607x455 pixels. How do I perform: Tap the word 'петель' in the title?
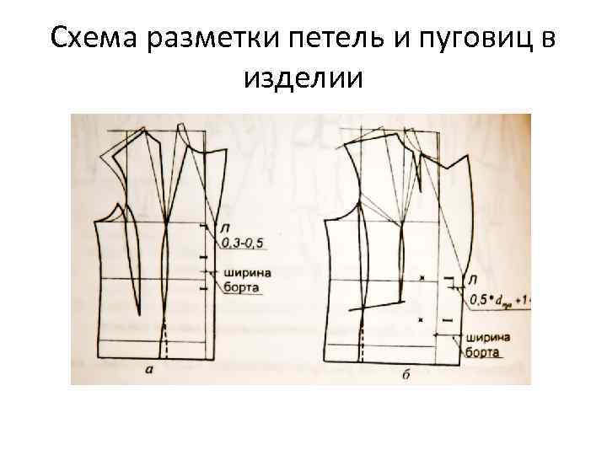pos(336,38)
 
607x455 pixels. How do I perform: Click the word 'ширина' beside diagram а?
pos(247,272)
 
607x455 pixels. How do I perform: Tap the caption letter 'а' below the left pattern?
pos(149,369)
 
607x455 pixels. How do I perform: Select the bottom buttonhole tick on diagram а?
pos(203,288)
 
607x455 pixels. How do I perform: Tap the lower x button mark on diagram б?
pos(421,319)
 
